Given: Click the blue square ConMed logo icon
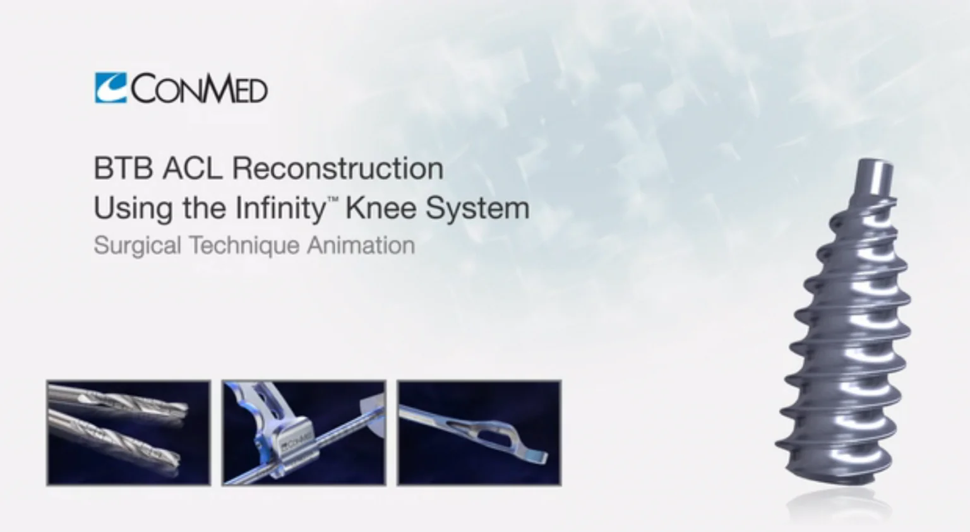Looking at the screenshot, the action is click(111, 88).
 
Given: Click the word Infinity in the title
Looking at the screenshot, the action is click(280, 210).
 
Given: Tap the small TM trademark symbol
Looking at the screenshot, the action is click(333, 199).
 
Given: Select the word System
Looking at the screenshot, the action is click(478, 210).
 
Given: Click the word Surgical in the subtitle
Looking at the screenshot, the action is click(137, 246).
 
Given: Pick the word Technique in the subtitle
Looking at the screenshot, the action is click(244, 246).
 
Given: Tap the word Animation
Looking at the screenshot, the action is click(361, 245).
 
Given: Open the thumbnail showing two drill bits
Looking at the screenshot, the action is click(129, 433).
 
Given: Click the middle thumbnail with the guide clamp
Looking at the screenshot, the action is click(304, 433).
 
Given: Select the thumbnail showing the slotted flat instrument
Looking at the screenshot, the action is click(479, 433).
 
